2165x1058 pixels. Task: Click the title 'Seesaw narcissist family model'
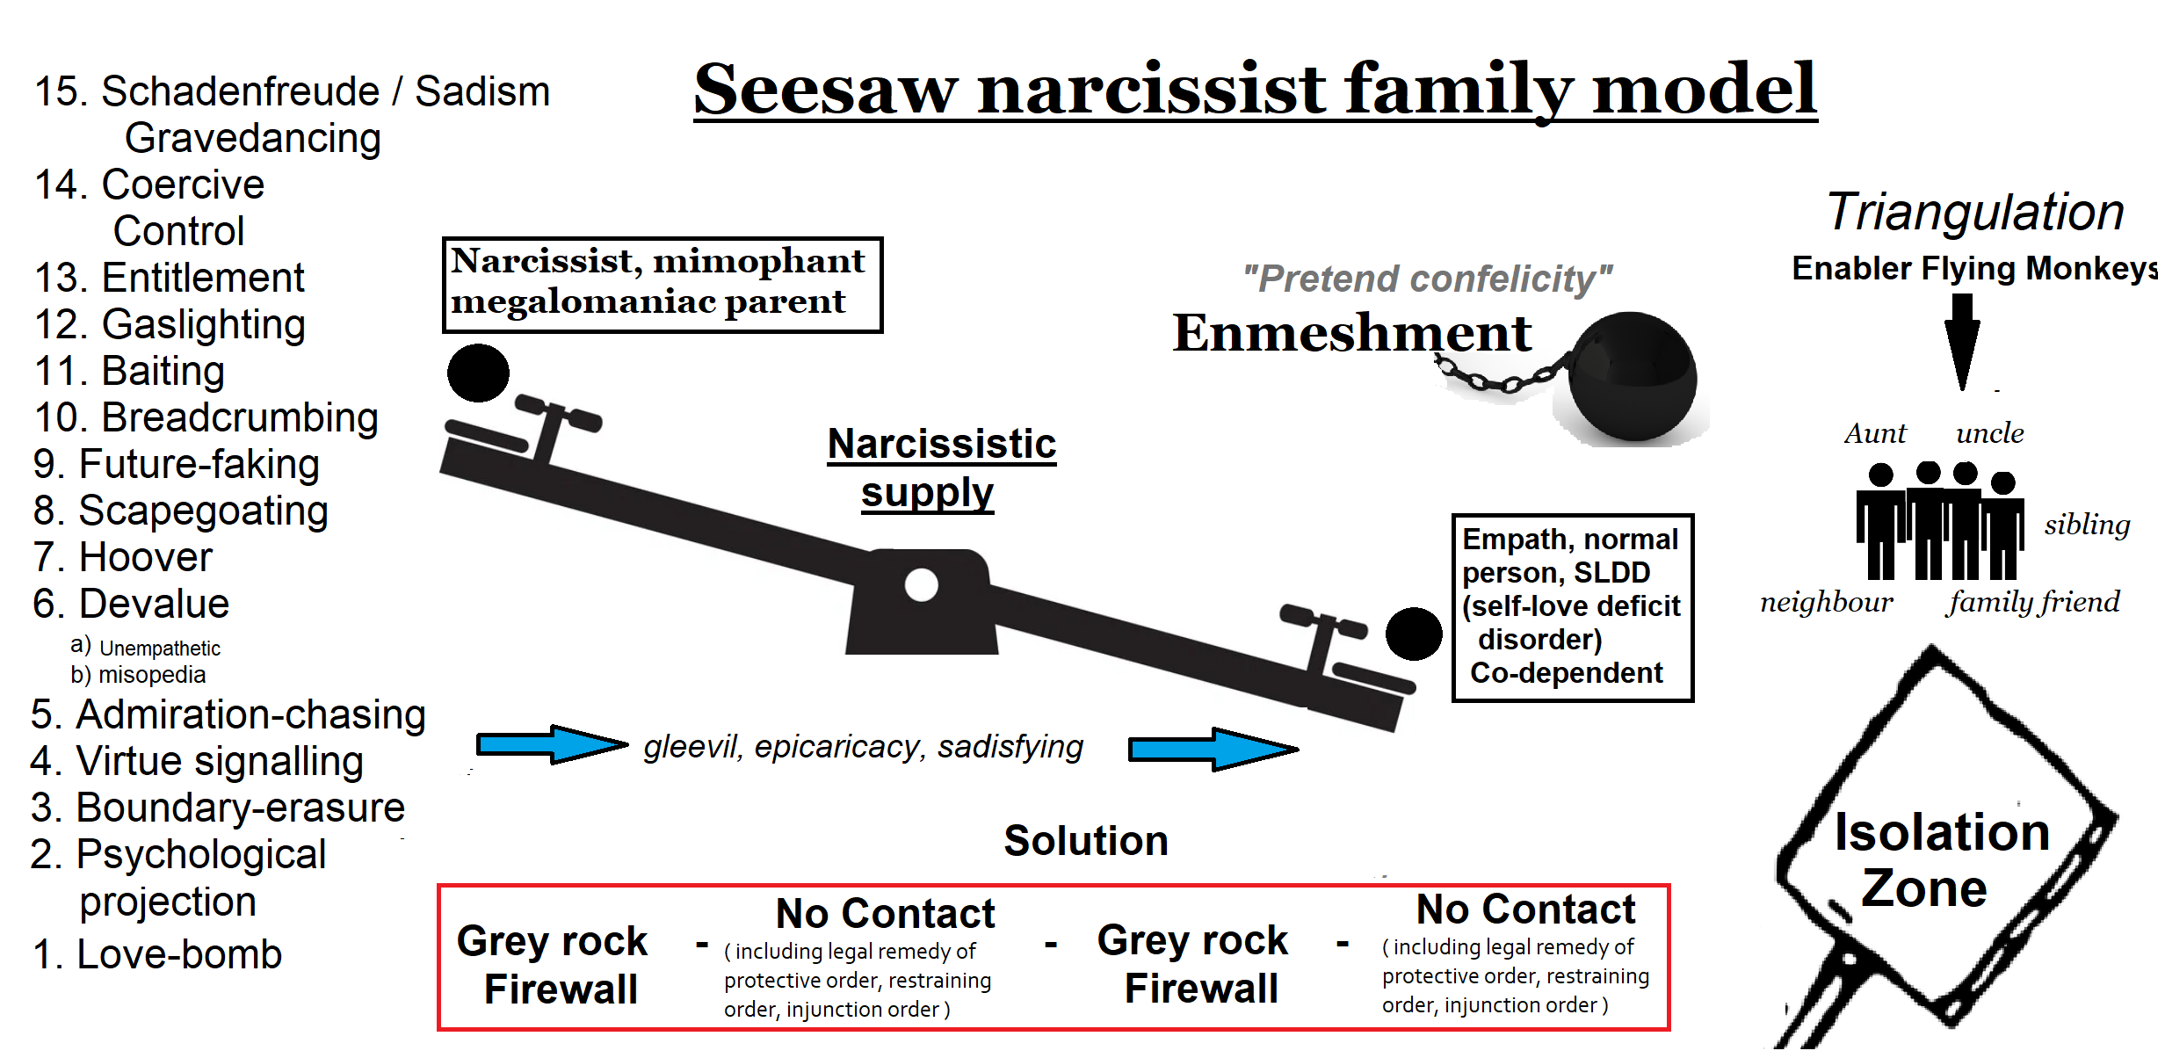[1254, 90]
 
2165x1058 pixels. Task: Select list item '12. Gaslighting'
[170, 324]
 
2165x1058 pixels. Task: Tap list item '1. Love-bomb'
[157, 954]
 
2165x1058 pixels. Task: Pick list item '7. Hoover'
[123, 557]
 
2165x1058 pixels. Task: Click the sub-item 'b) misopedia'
[139, 675]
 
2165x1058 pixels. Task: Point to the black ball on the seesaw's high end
[478, 373]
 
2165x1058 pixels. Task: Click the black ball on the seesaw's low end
[1413, 634]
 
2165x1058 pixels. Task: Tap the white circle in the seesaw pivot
[921, 584]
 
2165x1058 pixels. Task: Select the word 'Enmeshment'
[1351, 333]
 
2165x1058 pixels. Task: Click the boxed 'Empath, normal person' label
[1572, 606]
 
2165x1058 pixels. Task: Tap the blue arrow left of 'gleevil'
[551, 745]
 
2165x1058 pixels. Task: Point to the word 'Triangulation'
[1974, 212]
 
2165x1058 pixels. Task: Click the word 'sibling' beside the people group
[2087, 525]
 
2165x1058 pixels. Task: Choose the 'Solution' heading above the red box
[1086, 841]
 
